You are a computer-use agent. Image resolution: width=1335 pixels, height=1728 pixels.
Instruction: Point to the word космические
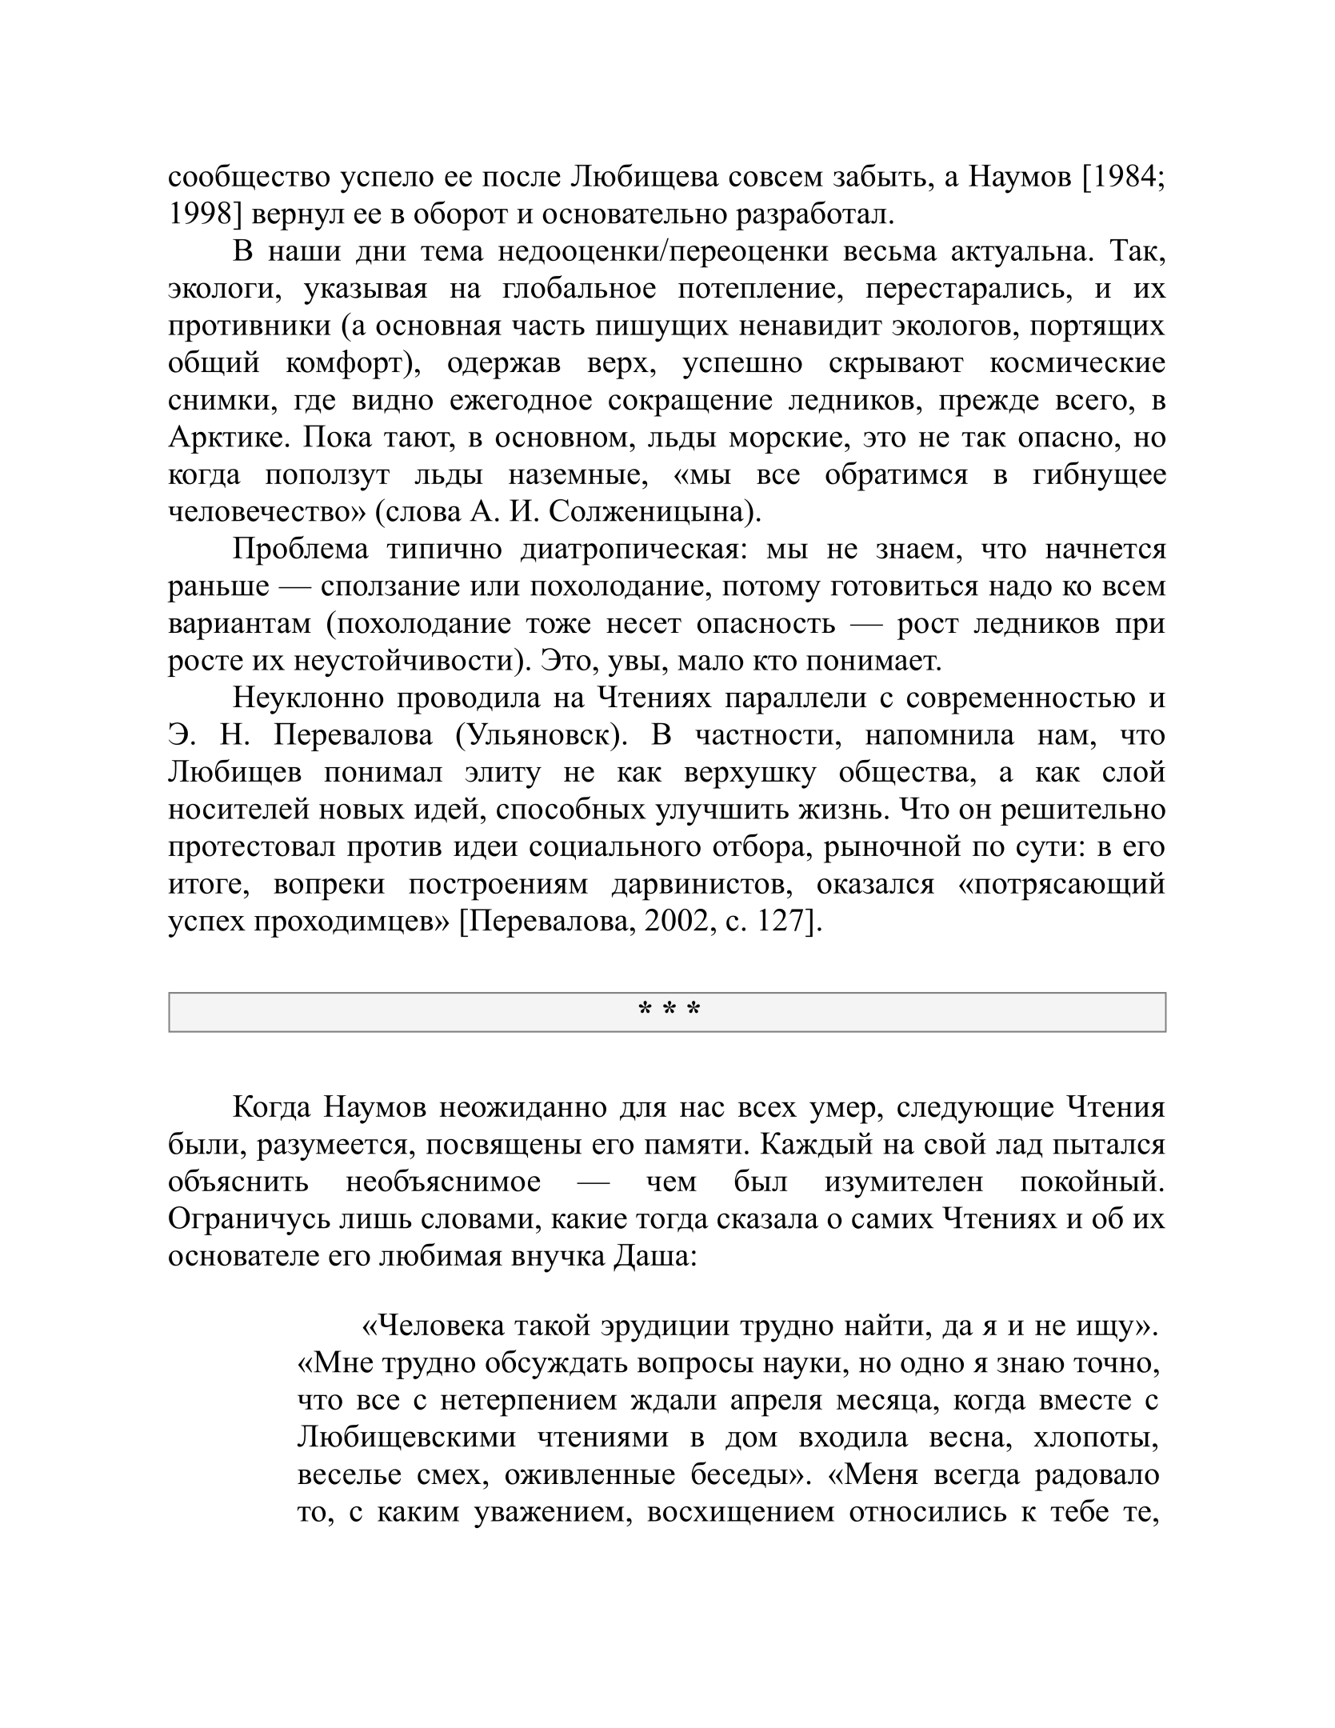1077,363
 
